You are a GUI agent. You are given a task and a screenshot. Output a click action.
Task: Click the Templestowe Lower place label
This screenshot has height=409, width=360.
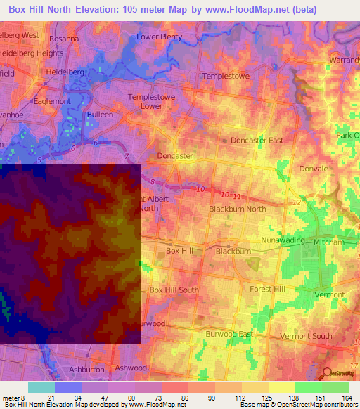click(150, 102)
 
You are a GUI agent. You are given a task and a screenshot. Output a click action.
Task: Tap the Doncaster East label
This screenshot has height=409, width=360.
click(257, 141)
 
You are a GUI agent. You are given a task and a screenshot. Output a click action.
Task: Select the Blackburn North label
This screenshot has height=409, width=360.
click(238, 209)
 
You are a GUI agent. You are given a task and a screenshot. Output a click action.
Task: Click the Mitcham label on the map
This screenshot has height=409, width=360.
click(328, 241)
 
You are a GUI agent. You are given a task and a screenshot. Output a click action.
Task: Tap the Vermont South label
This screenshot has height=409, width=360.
click(306, 336)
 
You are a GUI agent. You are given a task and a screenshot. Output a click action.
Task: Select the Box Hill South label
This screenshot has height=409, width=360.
click(174, 290)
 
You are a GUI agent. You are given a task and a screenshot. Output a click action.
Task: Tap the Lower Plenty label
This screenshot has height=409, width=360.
click(160, 37)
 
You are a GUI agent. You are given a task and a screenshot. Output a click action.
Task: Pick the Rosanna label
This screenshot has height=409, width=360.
click(63, 39)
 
